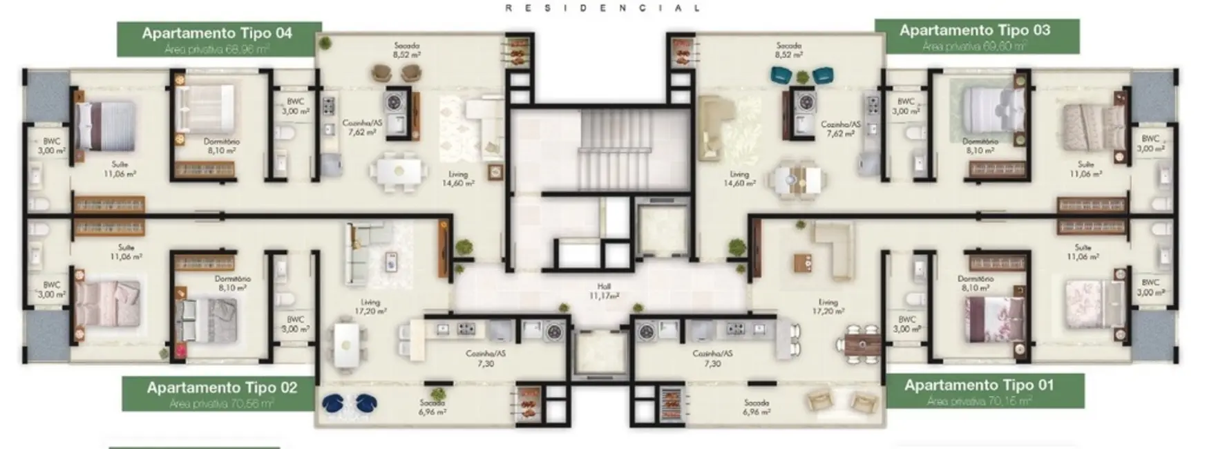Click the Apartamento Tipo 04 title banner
(218, 39)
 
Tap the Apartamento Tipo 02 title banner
(222, 393)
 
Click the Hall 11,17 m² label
(604, 291)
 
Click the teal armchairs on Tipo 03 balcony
(801, 75)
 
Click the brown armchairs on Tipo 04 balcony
(397, 72)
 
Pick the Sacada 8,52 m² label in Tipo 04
(407, 50)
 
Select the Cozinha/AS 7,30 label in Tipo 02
(486, 358)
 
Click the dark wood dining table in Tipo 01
(864, 343)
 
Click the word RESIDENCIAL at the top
(603, 8)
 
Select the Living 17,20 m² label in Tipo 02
(371, 307)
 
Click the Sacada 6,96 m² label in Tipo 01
(757, 407)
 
